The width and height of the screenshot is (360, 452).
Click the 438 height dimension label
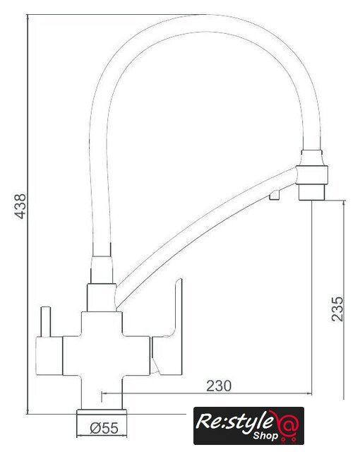coord(20,206)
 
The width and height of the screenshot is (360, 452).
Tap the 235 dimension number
coord(337,309)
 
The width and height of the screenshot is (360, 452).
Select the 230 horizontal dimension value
coord(219,386)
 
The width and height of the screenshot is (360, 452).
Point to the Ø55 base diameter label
coord(104,428)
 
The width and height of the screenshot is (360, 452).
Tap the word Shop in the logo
coord(265,436)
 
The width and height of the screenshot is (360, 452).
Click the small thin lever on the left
coord(46,321)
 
